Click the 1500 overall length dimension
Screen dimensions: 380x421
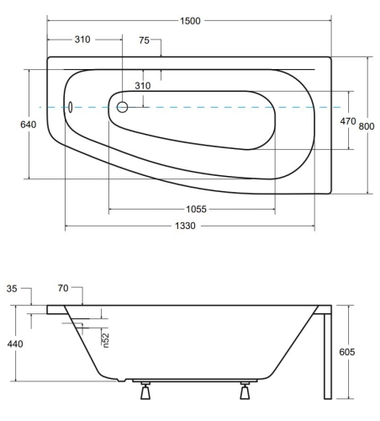(190, 21)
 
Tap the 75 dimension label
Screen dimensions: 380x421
(144, 40)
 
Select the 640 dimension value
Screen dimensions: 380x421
(28, 125)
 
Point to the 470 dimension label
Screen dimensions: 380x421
(348, 121)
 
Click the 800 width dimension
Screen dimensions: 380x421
(367, 126)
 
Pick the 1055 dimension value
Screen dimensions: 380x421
(196, 209)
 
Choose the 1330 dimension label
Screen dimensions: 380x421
(185, 226)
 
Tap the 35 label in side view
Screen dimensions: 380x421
(12, 289)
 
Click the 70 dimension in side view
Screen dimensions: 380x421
(63, 288)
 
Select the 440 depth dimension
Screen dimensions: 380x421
(15, 344)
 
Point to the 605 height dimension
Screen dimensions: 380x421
(347, 352)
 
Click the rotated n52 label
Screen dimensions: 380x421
(105, 340)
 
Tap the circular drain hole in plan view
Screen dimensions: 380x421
(122, 107)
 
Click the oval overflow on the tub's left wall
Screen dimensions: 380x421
(70, 107)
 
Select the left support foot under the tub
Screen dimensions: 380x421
(145, 391)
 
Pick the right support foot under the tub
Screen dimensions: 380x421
(245, 391)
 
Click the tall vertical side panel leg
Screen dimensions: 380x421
(328, 356)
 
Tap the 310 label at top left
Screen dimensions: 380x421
(82, 40)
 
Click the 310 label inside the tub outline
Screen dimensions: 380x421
(143, 86)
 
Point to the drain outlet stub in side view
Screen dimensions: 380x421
(121, 381)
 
